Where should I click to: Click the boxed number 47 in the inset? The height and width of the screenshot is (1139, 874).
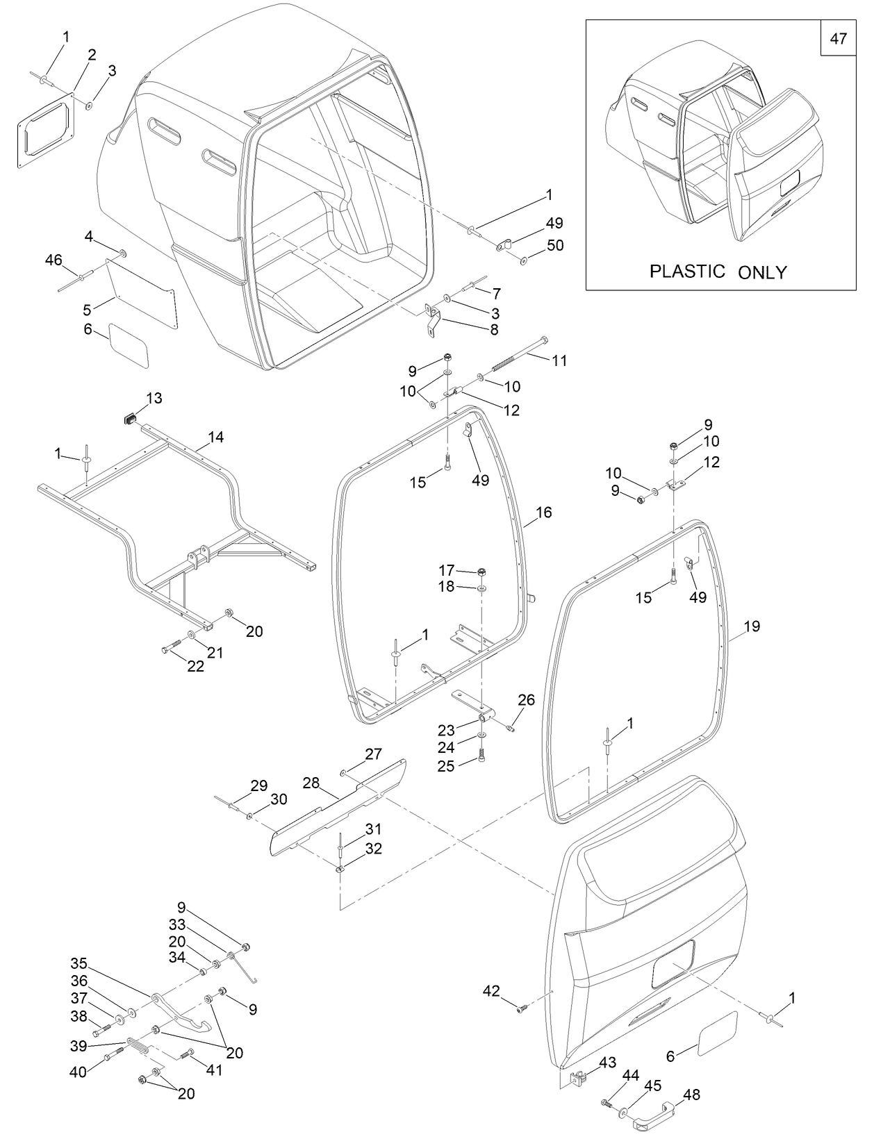838,39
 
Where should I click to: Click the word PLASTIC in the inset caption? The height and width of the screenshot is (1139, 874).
687,271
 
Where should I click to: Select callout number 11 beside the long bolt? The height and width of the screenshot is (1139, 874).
559,360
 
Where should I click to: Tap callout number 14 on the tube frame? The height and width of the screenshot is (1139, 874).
215,437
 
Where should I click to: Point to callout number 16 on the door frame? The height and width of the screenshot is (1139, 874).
543,512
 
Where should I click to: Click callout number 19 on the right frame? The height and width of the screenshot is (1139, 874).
752,626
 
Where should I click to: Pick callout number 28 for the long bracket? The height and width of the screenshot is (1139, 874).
311,783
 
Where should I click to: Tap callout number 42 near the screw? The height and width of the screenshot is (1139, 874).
491,991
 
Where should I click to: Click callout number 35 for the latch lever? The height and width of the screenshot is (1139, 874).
79,963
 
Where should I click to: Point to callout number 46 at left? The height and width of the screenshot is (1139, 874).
53,260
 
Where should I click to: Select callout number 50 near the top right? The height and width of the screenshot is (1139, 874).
554,245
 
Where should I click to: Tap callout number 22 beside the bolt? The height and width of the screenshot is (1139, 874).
196,666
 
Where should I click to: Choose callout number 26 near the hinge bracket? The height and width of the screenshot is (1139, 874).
527,699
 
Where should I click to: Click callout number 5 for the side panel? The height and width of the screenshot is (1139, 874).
87,310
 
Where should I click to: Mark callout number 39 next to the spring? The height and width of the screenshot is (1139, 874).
79,1046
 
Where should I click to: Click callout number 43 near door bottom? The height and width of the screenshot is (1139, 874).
607,1063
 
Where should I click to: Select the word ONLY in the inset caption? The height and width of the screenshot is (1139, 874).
762,272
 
